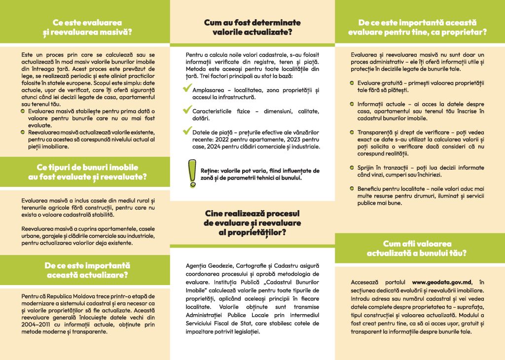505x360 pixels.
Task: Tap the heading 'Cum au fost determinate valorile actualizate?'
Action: [252, 28]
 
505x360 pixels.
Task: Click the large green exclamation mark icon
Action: [189, 173]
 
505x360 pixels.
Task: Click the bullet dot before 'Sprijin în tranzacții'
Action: [353, 168]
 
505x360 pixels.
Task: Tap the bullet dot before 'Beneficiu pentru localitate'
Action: [353, 189]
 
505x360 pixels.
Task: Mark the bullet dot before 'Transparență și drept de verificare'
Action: [353, 133]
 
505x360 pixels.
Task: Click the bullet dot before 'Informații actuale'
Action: [353, 104]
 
